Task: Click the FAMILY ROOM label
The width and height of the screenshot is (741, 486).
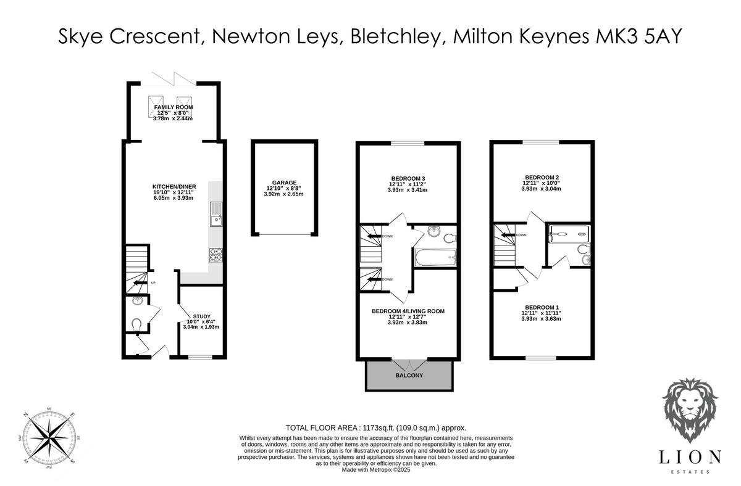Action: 174,107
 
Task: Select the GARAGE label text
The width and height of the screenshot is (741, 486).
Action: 285,183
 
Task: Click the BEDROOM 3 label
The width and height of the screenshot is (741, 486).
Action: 407,178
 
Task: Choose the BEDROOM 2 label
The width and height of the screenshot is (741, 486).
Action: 542,177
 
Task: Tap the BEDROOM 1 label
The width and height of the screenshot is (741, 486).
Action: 542,307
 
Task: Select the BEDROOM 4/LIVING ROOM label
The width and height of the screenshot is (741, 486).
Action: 408,311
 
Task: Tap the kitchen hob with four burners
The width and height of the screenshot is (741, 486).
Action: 217,252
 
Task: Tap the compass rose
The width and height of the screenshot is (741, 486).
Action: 49,436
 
